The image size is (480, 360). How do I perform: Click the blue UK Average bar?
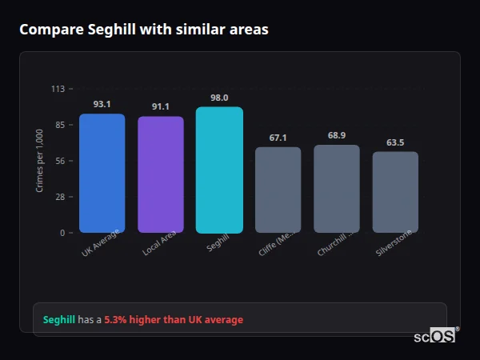(102, 174)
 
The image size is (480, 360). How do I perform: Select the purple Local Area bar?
(160, 175)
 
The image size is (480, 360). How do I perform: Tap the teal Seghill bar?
(219, 170)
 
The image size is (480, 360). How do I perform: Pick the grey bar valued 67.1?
(278, 190)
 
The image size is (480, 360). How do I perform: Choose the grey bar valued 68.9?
(336, 189)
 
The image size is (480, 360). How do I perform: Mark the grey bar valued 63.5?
(395, 192)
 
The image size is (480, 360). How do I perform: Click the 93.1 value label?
(102, 104)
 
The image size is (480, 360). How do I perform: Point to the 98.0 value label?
(219, 98)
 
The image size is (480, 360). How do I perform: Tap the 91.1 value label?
(160, 106)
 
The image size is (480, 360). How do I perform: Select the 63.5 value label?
(395, 142)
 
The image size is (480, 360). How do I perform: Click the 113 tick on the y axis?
(58, 89)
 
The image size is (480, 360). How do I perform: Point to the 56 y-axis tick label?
(59, 161)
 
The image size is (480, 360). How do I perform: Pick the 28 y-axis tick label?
(59, 197)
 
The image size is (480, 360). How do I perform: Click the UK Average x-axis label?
(101, 243)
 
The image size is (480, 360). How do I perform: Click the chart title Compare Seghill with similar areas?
(144, 30)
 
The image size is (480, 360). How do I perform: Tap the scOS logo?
(435, 336)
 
